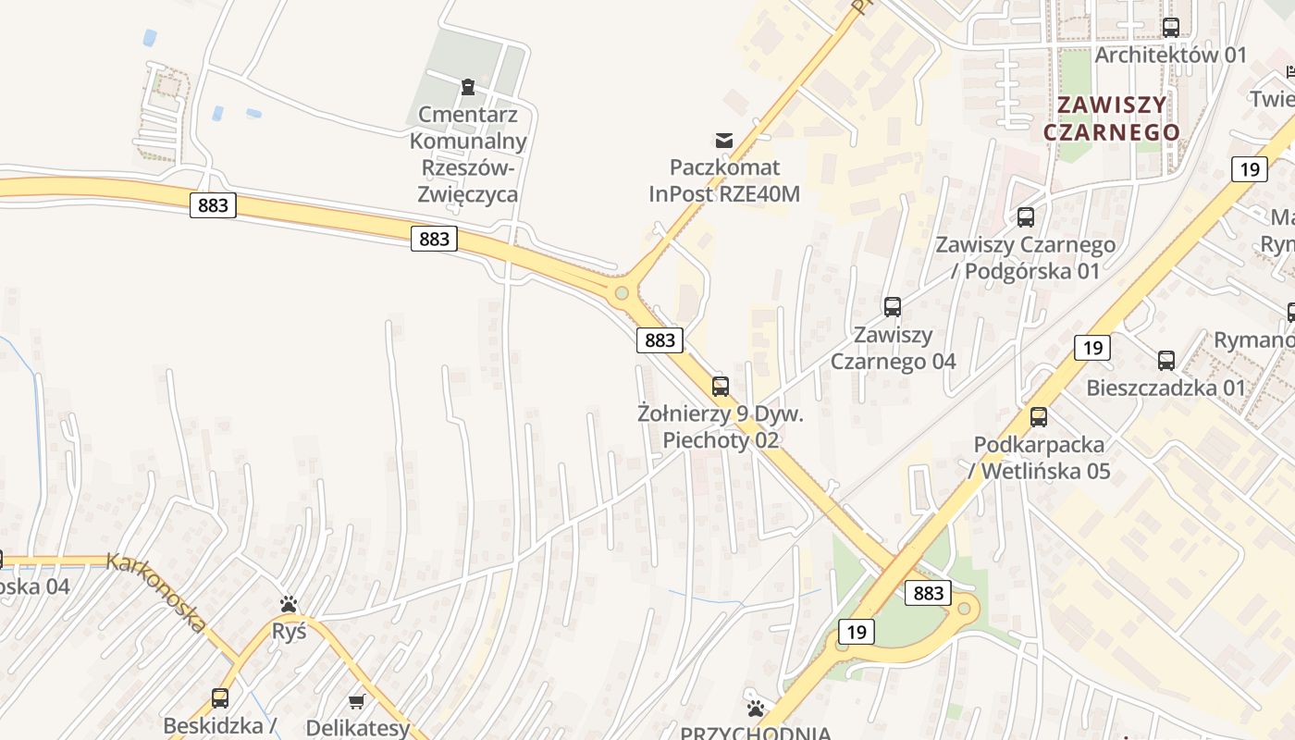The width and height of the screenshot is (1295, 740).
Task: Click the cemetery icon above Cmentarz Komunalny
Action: [x=468, y=87]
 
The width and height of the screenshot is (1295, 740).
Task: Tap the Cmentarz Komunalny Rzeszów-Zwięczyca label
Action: [x=468, y=154]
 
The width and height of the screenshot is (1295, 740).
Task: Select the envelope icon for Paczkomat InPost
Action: [x=724, y=141]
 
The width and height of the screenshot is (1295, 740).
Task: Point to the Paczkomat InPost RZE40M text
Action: [x=724, y=180]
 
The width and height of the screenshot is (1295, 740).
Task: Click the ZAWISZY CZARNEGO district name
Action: [x=1112, y=118]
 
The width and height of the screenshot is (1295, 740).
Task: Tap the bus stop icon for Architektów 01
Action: [x=1171, y=28]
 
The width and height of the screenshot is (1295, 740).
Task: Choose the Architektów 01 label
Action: [x=1171, y=55]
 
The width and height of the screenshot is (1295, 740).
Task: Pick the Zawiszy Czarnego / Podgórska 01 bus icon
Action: [x=1026, y=217]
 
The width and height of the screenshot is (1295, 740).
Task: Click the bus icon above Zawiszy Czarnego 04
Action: [x=893, y=307]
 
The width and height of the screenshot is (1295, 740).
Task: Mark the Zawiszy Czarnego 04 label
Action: [x=893, y=348]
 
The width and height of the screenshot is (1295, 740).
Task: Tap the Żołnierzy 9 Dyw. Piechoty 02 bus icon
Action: [x=721, y=387]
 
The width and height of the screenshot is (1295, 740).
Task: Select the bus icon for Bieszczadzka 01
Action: [x=1166, y=361]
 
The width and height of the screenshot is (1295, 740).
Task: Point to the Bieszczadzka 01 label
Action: [x=1166, y=388]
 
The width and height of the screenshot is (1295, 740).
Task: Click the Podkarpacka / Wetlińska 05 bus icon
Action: [x=1039, y=417]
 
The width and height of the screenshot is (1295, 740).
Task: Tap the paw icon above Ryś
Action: [x=289, y=605]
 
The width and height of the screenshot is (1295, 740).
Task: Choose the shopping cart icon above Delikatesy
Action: [x=357, y=702]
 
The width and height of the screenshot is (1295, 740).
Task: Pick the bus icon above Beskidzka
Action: [x=220, y=698]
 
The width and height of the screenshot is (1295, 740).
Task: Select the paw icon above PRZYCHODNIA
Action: [x=756, y=709]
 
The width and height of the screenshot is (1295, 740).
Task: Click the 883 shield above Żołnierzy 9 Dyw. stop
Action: [x=660, y=340]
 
